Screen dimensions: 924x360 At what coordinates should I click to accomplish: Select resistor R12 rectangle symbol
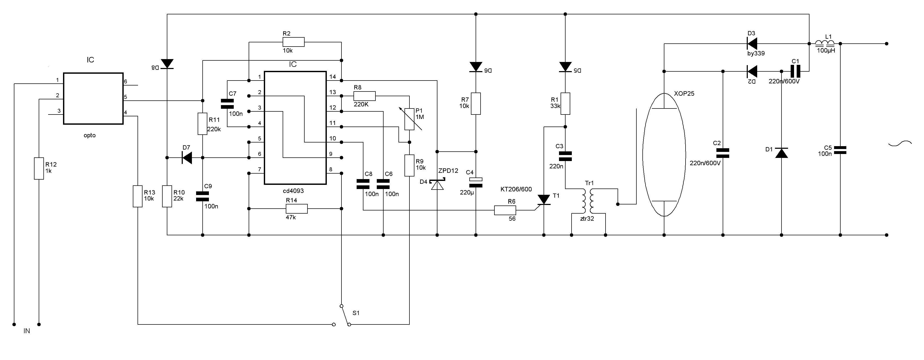tap(39, 168)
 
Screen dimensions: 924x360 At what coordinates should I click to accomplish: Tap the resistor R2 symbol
tap(293, 42)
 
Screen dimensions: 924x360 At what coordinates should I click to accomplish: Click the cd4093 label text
tap(293, 191)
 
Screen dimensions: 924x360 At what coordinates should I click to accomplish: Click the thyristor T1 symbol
tap(544, 200)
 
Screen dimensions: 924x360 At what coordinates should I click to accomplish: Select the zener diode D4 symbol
tap(437, 184)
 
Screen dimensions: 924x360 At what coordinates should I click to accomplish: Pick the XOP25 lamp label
tap(684, 94)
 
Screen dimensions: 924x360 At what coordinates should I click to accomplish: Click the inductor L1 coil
tap(825, 43)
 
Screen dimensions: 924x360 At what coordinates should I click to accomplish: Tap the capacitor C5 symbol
tap(840, 150)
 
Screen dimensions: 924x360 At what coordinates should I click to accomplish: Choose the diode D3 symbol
tap(751, 44)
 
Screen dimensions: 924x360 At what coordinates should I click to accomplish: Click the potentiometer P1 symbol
tap(410, 119)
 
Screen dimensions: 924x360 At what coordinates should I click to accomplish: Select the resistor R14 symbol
tap(297, 209)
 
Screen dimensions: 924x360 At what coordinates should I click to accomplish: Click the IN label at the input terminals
tap(27, 331)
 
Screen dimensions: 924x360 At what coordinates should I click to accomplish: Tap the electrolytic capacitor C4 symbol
tap(476, 182)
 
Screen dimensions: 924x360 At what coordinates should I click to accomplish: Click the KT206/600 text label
tap(516, 189)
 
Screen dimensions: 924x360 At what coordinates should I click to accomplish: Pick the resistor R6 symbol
tap(505, 210)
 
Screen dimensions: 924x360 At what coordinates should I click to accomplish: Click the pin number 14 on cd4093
tap(333, 76)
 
